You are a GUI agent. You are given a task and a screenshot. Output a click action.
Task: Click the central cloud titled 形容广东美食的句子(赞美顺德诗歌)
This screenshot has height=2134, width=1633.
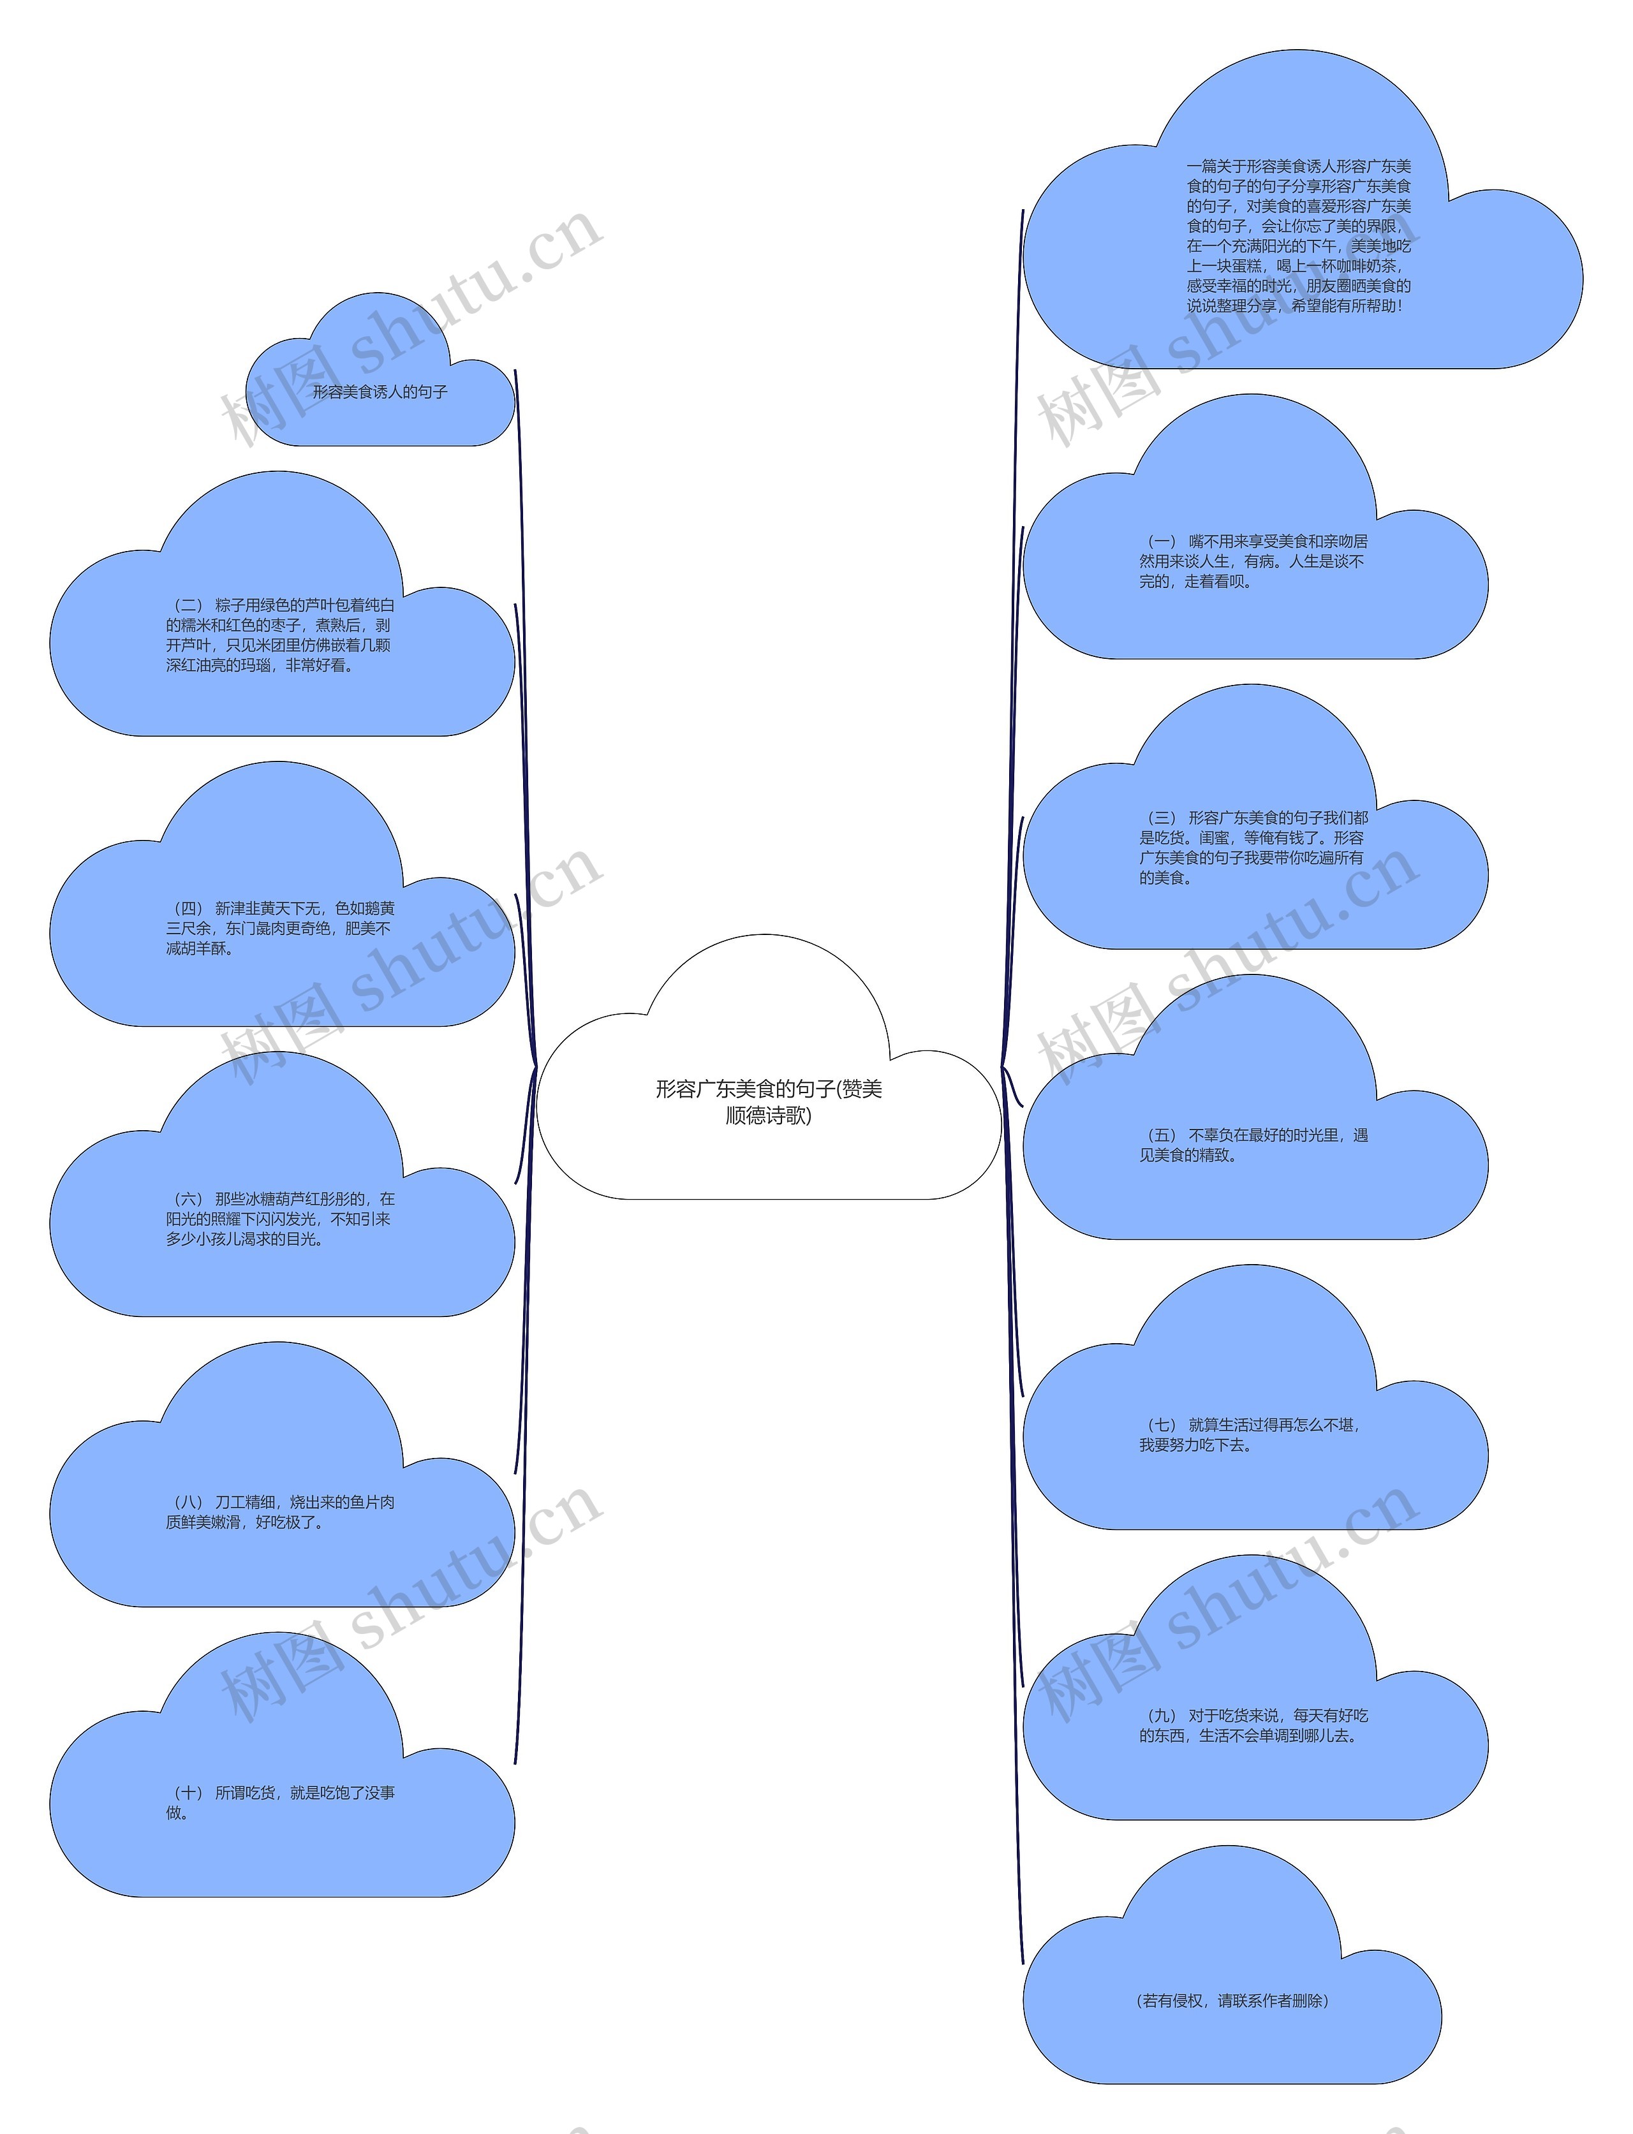(768, 1101)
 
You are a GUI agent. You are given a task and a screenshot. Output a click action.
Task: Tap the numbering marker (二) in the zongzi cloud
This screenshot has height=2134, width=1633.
(188, 605)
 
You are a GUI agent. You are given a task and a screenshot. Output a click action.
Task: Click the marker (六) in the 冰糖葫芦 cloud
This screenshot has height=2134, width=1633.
(188, 1199)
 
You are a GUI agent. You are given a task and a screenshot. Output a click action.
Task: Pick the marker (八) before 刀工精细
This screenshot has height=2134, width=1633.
(188, 1503)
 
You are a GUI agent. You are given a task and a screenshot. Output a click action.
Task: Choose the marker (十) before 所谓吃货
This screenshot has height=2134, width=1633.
(188, 1793)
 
